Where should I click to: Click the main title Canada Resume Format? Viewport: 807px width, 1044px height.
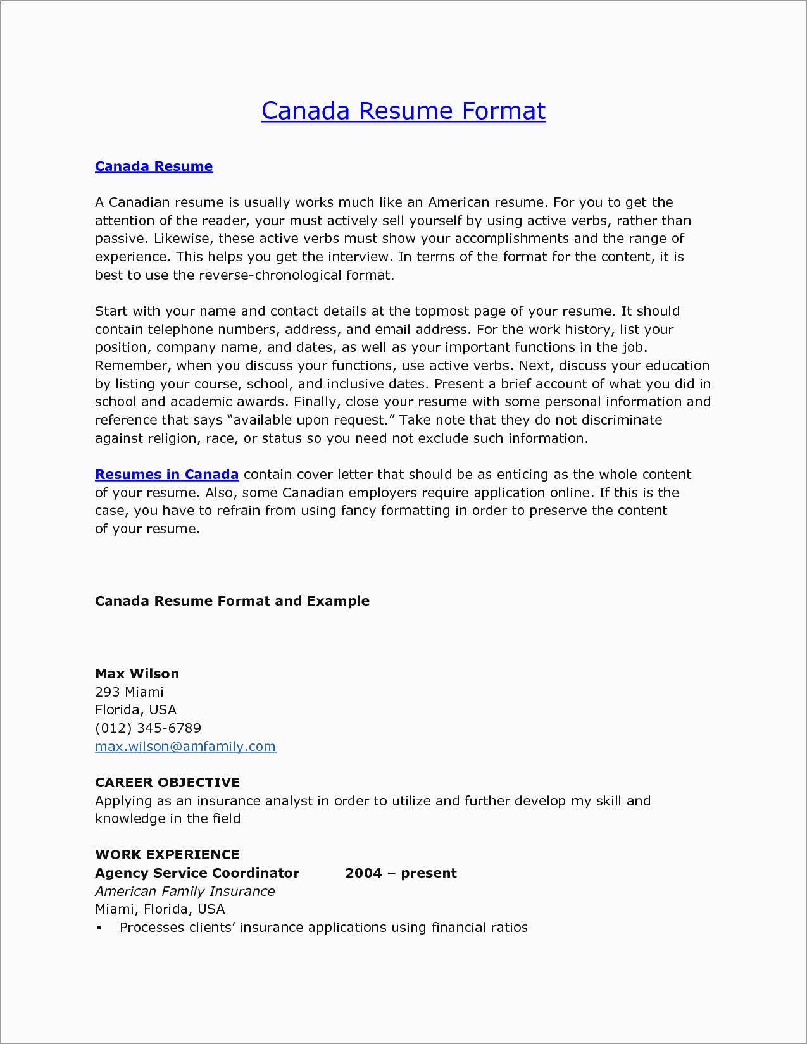[x=403, y=111]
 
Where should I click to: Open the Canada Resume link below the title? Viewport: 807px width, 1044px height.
[x=154, y=166]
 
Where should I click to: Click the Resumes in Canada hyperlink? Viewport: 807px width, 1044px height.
[x=166, y=475]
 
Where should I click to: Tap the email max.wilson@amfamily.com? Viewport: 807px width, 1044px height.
[x=185, y=747]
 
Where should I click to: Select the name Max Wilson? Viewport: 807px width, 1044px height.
[x=137, y=674]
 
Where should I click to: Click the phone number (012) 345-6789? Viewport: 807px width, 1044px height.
[x=148, y=728]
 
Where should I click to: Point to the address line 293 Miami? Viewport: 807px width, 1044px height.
[x=129, y=692]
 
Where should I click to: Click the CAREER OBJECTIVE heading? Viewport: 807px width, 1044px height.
[x=167, y=783]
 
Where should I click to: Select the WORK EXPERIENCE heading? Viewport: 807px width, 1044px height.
[x=167, y=855]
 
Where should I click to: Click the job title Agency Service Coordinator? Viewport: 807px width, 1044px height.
[x=197, y=873]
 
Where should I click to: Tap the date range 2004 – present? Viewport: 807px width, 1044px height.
[x=401, y=873]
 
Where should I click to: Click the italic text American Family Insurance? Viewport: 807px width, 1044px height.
[x=185, y=892]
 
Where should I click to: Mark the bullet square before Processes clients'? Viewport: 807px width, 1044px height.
[x=99, y=928]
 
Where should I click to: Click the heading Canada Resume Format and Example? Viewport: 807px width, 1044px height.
[x=232, y=601]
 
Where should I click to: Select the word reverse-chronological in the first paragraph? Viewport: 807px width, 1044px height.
[x=270, y=275]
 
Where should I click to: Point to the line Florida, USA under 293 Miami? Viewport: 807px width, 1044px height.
[x=135, y=710]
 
